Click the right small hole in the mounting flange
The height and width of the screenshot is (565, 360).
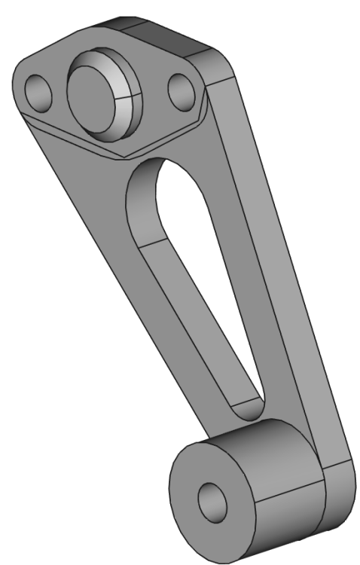tap(181, 93)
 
